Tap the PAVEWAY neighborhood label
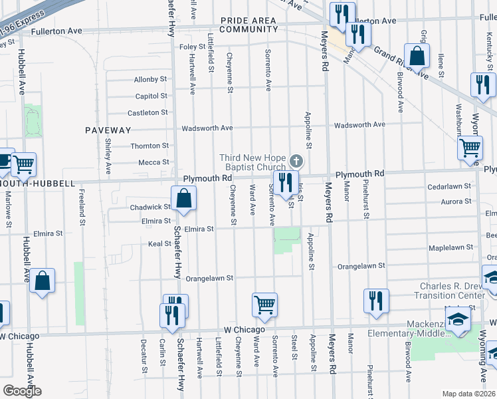click(x=108, y=130)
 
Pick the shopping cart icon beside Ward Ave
click(x=264, y=305)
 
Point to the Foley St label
click(x=192, y=47)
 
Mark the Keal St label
click(x=160, y=244)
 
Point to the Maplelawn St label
click(x=450, y=247)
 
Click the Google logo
click(x=22, y=391)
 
